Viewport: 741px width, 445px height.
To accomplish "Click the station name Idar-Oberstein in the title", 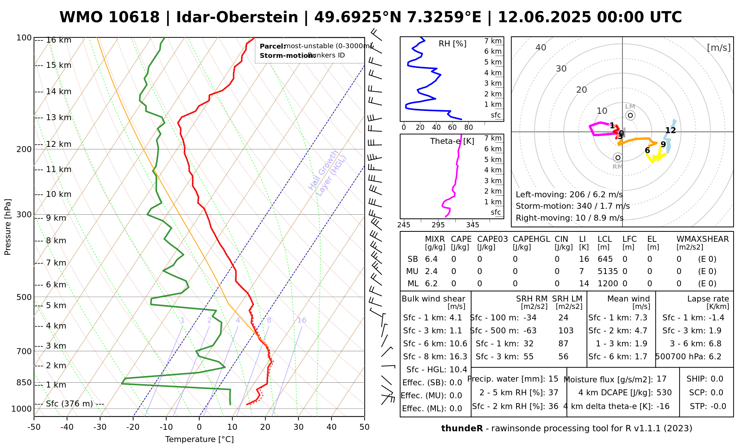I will [x=237, y=17].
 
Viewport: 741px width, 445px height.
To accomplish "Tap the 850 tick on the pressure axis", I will [x=24, y=382].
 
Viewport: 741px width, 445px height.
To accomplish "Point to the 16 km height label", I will [x=59, y=40].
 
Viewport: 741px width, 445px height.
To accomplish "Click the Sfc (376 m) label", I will [x=69, y=403].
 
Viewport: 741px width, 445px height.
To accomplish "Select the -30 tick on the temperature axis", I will [x=100, y=427].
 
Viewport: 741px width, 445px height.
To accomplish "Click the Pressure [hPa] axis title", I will [x=8, y=227].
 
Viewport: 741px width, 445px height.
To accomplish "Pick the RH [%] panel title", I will [x=452, y=44].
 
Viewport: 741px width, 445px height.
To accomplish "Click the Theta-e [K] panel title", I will [x=452, y=141].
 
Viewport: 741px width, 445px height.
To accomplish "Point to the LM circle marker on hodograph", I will [x=630, y=115].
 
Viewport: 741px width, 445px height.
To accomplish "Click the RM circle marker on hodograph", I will [x=618, y=158].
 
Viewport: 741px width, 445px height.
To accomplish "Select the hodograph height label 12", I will [x=671, y=131].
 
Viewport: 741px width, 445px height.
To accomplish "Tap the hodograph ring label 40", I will [x=541, y=47].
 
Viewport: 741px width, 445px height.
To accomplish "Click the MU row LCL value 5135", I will [x=608, y=271].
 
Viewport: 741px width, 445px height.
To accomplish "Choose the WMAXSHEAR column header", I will [x=702, y=239].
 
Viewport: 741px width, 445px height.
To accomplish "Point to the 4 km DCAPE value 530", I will [x=664, y=393].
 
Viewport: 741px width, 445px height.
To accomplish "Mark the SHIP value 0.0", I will [x=717, y=379].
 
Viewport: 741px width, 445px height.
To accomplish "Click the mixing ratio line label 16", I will [x=302, y=320].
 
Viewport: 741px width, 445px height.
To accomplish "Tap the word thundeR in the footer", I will [x=462, y=429].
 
